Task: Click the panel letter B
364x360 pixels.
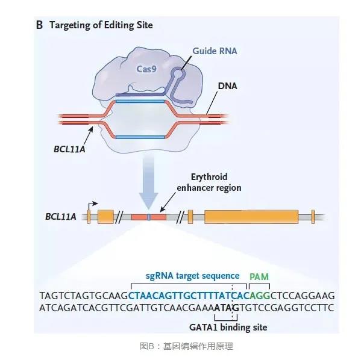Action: click(39, 25)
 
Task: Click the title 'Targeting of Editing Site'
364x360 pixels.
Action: click(101, 25)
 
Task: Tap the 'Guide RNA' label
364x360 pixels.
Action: click(215, 51)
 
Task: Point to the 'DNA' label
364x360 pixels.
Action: click(227, 86)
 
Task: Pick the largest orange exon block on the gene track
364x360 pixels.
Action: click(251, 216)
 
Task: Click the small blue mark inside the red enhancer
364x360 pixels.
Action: click(149, 216)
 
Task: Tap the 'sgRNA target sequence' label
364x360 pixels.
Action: click(192, 276)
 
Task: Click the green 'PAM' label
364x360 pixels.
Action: click(259, 276)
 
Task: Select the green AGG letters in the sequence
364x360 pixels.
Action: click(257, 296)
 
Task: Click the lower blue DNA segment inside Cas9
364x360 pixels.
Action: click(140, 137)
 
